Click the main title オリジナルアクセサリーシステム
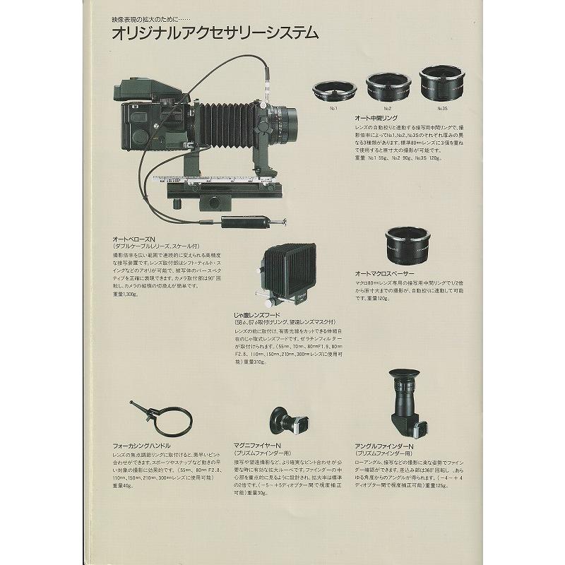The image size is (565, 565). point(215,33)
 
